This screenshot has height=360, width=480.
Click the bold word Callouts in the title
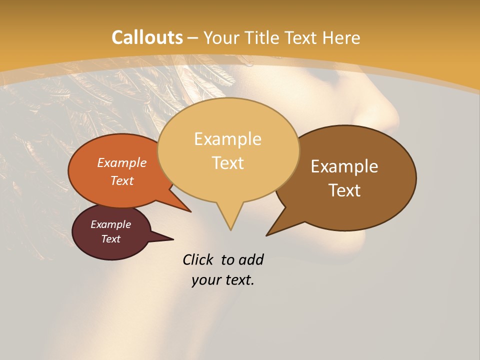point(147,37)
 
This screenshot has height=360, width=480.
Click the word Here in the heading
point(341,37)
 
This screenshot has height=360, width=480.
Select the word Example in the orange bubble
point(122,162)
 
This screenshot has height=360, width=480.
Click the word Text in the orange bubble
point(122,180)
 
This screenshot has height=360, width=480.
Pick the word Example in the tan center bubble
point(227,139)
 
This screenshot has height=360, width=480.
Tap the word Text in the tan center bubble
point(228,163)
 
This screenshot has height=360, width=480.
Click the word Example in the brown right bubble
point(344,166)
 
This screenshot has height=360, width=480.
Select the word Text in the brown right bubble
point(344,190)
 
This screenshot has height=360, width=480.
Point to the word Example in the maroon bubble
point(110,224)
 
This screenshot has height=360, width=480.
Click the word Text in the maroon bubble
point(110,239)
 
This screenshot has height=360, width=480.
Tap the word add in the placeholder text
point(251,259)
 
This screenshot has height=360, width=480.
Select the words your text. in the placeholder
point(223,280)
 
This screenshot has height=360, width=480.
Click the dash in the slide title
point(193,38)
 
